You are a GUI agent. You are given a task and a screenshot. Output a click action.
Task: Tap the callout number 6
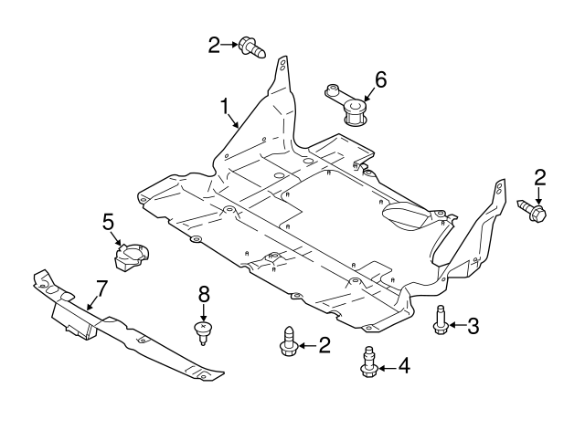pyautogui.click(x=380, y=79)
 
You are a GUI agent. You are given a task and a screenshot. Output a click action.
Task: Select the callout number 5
pyautogui.click(x=108, y=221)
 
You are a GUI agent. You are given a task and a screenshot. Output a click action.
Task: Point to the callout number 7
pyautogui.click(x=101, y=289)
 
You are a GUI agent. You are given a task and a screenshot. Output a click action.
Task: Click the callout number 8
pyautogui.click(x=204, y=293)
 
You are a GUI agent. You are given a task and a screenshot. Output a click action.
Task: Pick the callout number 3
pyautogui.click(x=473, y=324)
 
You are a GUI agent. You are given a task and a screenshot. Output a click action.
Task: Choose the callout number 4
pyautogui.click(x=403, y=368)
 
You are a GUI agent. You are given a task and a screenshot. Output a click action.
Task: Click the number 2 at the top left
pyautogui.click(x=215, y=44)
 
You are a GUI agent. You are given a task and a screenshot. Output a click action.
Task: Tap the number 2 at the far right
pyautogui.click(x=539, y=177)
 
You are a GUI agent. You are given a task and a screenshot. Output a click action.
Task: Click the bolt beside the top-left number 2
pyautogui.click(x=250, y=47)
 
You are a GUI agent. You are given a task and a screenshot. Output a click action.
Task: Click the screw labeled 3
pyautogui.click(x=440, y=321)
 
